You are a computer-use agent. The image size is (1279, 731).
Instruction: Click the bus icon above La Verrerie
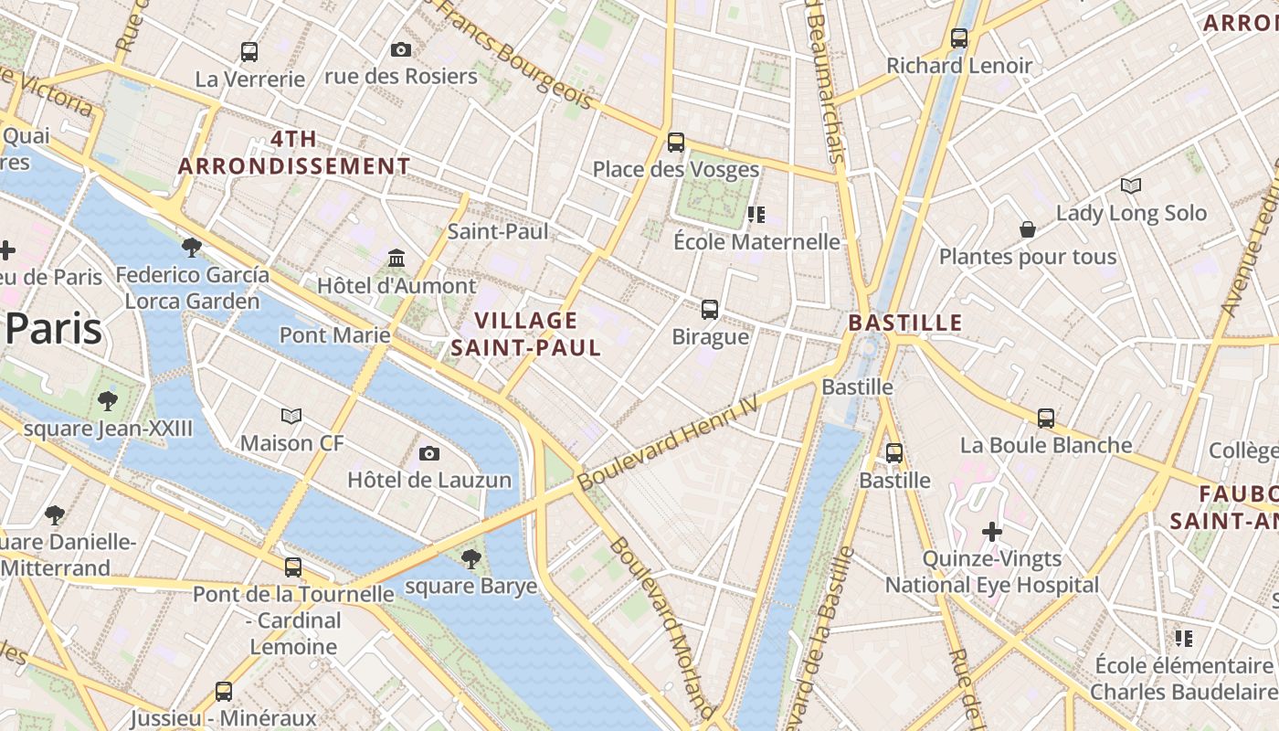pos(249,52)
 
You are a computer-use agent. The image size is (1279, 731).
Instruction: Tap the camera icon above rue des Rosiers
pos(400,49)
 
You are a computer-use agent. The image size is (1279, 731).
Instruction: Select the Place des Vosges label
pos(675,169)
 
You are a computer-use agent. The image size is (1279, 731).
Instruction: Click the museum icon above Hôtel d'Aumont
pos(396,259)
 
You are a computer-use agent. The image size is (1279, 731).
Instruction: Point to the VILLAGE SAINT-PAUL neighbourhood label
pos(526,334)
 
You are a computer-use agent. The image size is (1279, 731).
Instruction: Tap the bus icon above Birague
pos(710,310)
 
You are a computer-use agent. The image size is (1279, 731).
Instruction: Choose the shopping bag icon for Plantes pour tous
pos(1028,229)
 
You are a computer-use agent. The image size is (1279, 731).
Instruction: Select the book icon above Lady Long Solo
pos(1131,186)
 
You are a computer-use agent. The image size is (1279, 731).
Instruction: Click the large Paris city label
pos(53,329)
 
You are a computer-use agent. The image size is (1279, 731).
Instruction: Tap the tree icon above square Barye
pos(471,559)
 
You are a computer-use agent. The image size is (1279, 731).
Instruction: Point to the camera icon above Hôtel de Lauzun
pos(429,453)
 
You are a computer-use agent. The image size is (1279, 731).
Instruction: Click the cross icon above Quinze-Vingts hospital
pos(992,532)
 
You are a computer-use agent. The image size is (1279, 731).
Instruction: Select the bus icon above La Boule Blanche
pos(1046,418)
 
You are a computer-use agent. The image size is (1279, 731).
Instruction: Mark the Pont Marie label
pos(334,334)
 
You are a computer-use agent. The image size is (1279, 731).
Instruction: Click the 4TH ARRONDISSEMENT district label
pos(294,153)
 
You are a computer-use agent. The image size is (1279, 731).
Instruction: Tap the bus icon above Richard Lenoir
pos(959,38)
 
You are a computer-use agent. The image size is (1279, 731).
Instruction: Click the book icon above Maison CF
pos(291,417)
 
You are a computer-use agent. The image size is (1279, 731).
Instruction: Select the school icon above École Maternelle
pos(756,215)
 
